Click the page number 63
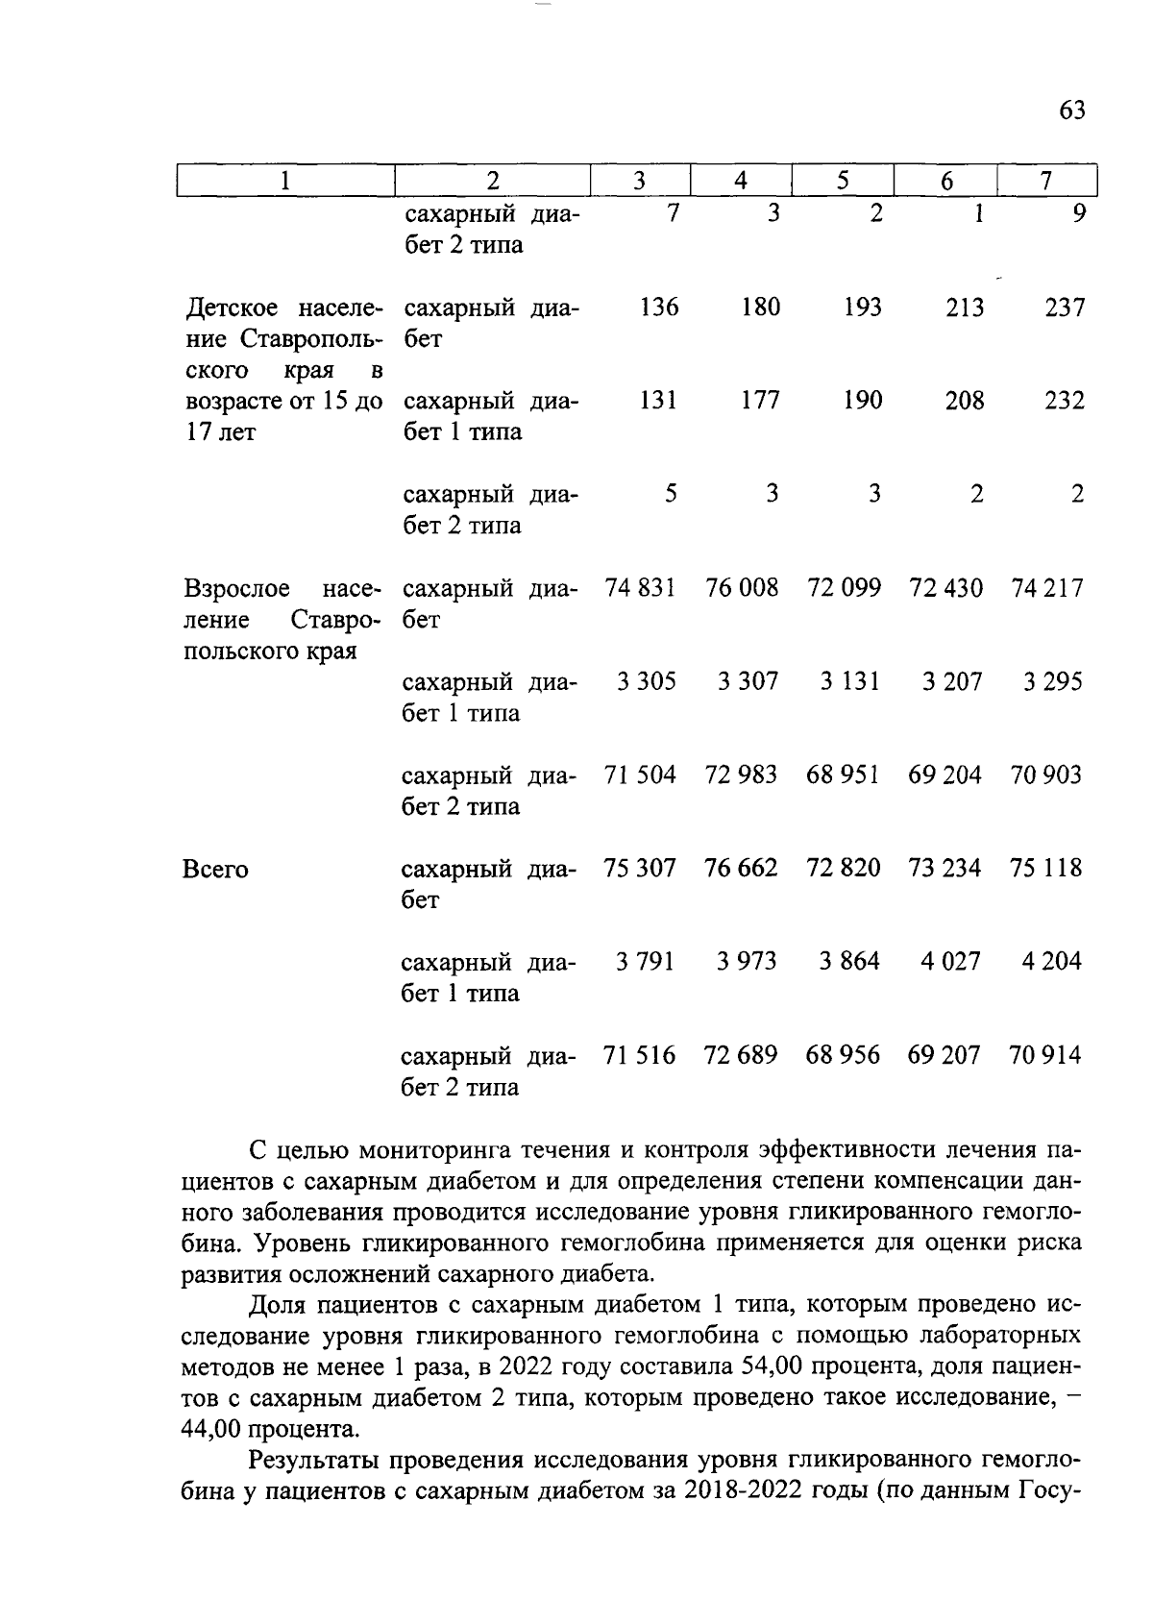coord(1071,111)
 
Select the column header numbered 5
coord(843,181)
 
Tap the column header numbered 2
coord(493,181)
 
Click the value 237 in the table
coord(1065,308)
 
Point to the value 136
coord(659,308)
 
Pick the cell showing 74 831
coord(640,588)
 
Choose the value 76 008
coord(742,588)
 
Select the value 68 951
coord(844,775)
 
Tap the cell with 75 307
coord(640,868)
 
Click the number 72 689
coord(741,1055)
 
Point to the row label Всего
coord(215,870)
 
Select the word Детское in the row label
coord(232,308)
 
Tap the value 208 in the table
coord(964,401)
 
